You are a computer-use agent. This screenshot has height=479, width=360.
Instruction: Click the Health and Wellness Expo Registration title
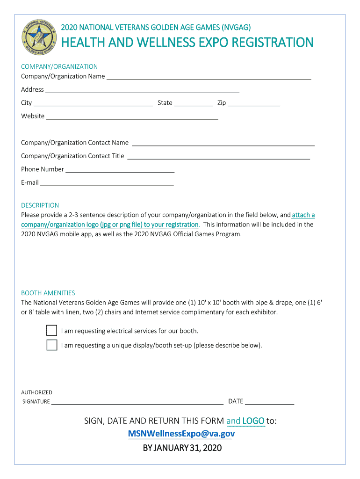tap(187, 43)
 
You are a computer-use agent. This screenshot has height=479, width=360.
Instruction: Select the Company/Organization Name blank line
tap(209, 77)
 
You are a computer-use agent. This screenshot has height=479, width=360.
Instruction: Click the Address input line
tap(142, 90)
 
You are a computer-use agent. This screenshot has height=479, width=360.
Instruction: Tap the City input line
tap(93, 103)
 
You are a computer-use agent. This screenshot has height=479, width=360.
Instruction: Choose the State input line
tap(193, 103)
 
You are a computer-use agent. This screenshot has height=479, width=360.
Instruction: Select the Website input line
tap(132, 117)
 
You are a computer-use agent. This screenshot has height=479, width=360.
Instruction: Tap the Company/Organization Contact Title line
tap(218, 157)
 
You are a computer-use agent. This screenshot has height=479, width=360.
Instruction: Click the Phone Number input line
tap(120, 170)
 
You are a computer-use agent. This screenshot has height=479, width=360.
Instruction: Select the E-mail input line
tap(107, 183)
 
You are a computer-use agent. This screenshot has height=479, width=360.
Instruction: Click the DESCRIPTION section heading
tap(40, 205)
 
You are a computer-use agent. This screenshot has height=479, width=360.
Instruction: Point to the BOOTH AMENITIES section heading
tap(48, 293)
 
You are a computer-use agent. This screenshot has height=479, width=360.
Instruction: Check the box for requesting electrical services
tap(51, 331)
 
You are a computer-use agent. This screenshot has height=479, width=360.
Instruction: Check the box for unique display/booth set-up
tap(51, 345)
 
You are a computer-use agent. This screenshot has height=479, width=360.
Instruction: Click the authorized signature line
tap(137, 402)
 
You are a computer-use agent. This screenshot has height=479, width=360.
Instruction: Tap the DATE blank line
tap(270, 402)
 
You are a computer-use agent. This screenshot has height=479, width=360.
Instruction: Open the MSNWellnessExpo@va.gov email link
tap(181, 434)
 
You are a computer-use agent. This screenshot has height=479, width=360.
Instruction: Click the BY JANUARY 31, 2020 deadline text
tap(182, 448)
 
